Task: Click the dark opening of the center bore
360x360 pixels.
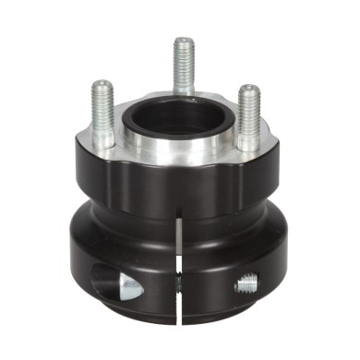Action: coord(179,116)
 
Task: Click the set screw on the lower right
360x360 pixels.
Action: coord(247,285)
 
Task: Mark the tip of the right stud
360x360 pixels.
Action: coord(248,90)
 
